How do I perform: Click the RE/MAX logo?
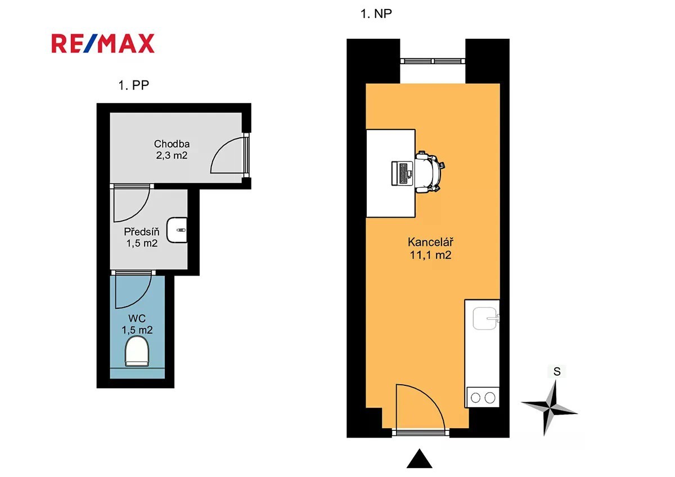point(103,44)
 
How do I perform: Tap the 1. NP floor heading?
point(376,14)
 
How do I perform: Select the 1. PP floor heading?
point(133,85)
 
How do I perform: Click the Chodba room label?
point(172,144)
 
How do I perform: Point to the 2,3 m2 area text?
point(172,155)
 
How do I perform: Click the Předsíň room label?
point(142,231)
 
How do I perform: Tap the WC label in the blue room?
point(137,318)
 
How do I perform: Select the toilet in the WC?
point(137,352)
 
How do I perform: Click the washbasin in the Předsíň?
point(177,230)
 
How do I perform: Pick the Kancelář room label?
point(430,242)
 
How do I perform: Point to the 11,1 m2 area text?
point(430,255)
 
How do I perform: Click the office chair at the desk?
point(430,172)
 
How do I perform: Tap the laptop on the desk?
point(402,173)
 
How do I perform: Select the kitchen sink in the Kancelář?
point(485,318)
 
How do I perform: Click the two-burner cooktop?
point(483,398)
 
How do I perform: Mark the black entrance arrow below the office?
point(419,458)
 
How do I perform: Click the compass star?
point(550,408)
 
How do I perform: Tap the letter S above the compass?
point(557,372)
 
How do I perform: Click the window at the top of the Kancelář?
point(433,61)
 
